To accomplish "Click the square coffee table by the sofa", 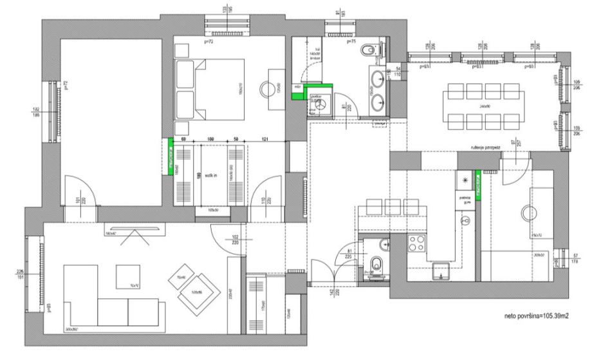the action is [129, 277].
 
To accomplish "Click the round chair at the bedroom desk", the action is [266, 89].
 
